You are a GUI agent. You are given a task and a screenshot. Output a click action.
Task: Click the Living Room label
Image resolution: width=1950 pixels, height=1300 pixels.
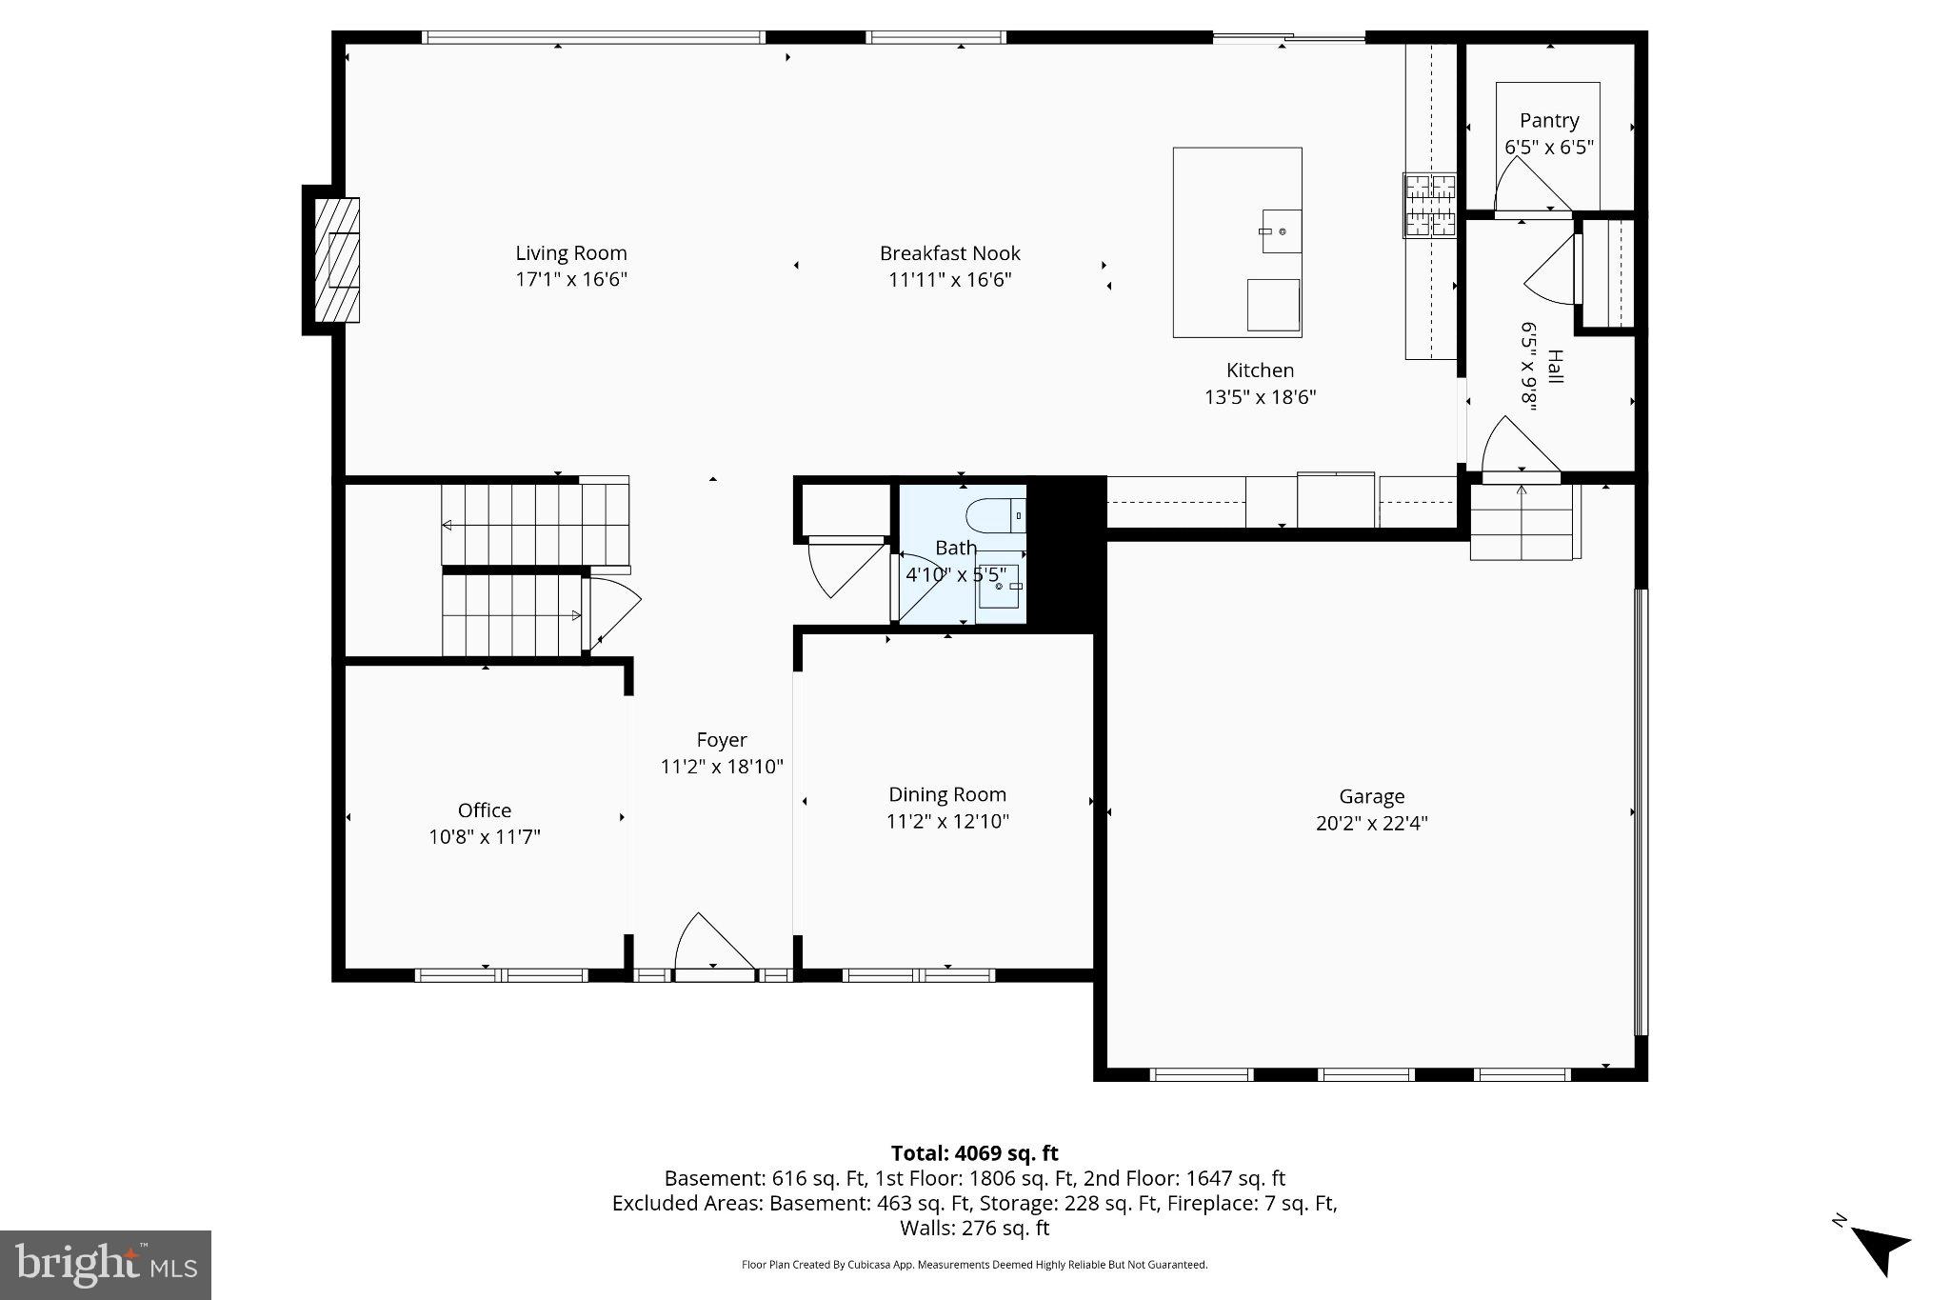click(571, 253)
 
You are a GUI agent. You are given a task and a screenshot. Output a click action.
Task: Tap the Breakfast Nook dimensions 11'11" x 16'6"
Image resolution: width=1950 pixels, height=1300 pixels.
click(949, 280)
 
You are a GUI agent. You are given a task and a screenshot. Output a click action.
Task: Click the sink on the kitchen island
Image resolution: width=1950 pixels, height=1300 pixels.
click(1282, 231)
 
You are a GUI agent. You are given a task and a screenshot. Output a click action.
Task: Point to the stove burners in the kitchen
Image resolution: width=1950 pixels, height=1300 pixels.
click(1429, 205)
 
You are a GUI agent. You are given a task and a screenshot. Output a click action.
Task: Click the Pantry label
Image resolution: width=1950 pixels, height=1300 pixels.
click(1549, 121)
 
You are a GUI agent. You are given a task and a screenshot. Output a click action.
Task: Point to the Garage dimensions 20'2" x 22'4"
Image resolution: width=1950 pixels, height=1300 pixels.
click(1371, 824)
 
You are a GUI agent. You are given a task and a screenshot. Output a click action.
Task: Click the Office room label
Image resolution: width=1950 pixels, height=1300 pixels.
click(485, 810)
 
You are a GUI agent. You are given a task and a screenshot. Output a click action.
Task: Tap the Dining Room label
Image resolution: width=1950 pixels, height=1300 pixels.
click(947, 794)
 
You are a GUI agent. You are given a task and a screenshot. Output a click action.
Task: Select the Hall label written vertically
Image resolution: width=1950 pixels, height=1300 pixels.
click(1554, 367)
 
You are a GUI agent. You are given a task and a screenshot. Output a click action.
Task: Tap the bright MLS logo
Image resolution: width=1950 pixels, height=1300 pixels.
click(106, 1265)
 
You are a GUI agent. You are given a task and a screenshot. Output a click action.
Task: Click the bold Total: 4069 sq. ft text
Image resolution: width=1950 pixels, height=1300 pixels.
click(974, 1153)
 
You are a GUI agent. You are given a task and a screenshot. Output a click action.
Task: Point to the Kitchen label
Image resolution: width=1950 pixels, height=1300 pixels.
click(1260, 370)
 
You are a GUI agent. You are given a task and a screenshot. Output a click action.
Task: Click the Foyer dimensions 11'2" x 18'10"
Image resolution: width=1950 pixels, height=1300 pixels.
click(722, 767)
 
